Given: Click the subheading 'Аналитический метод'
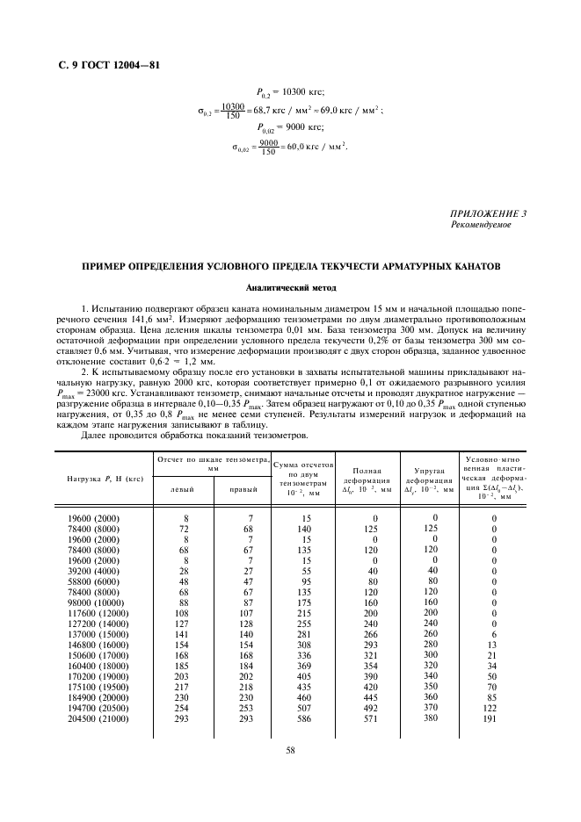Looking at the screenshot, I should click(x=290, y=287).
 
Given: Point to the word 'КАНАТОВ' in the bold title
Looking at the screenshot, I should click(x=471, y=265).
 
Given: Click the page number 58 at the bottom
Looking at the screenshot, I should click(x=290, y=749).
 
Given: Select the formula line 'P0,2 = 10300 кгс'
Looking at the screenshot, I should click(x=290, y=92).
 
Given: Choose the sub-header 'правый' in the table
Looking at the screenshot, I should click(x=243, y=489).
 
